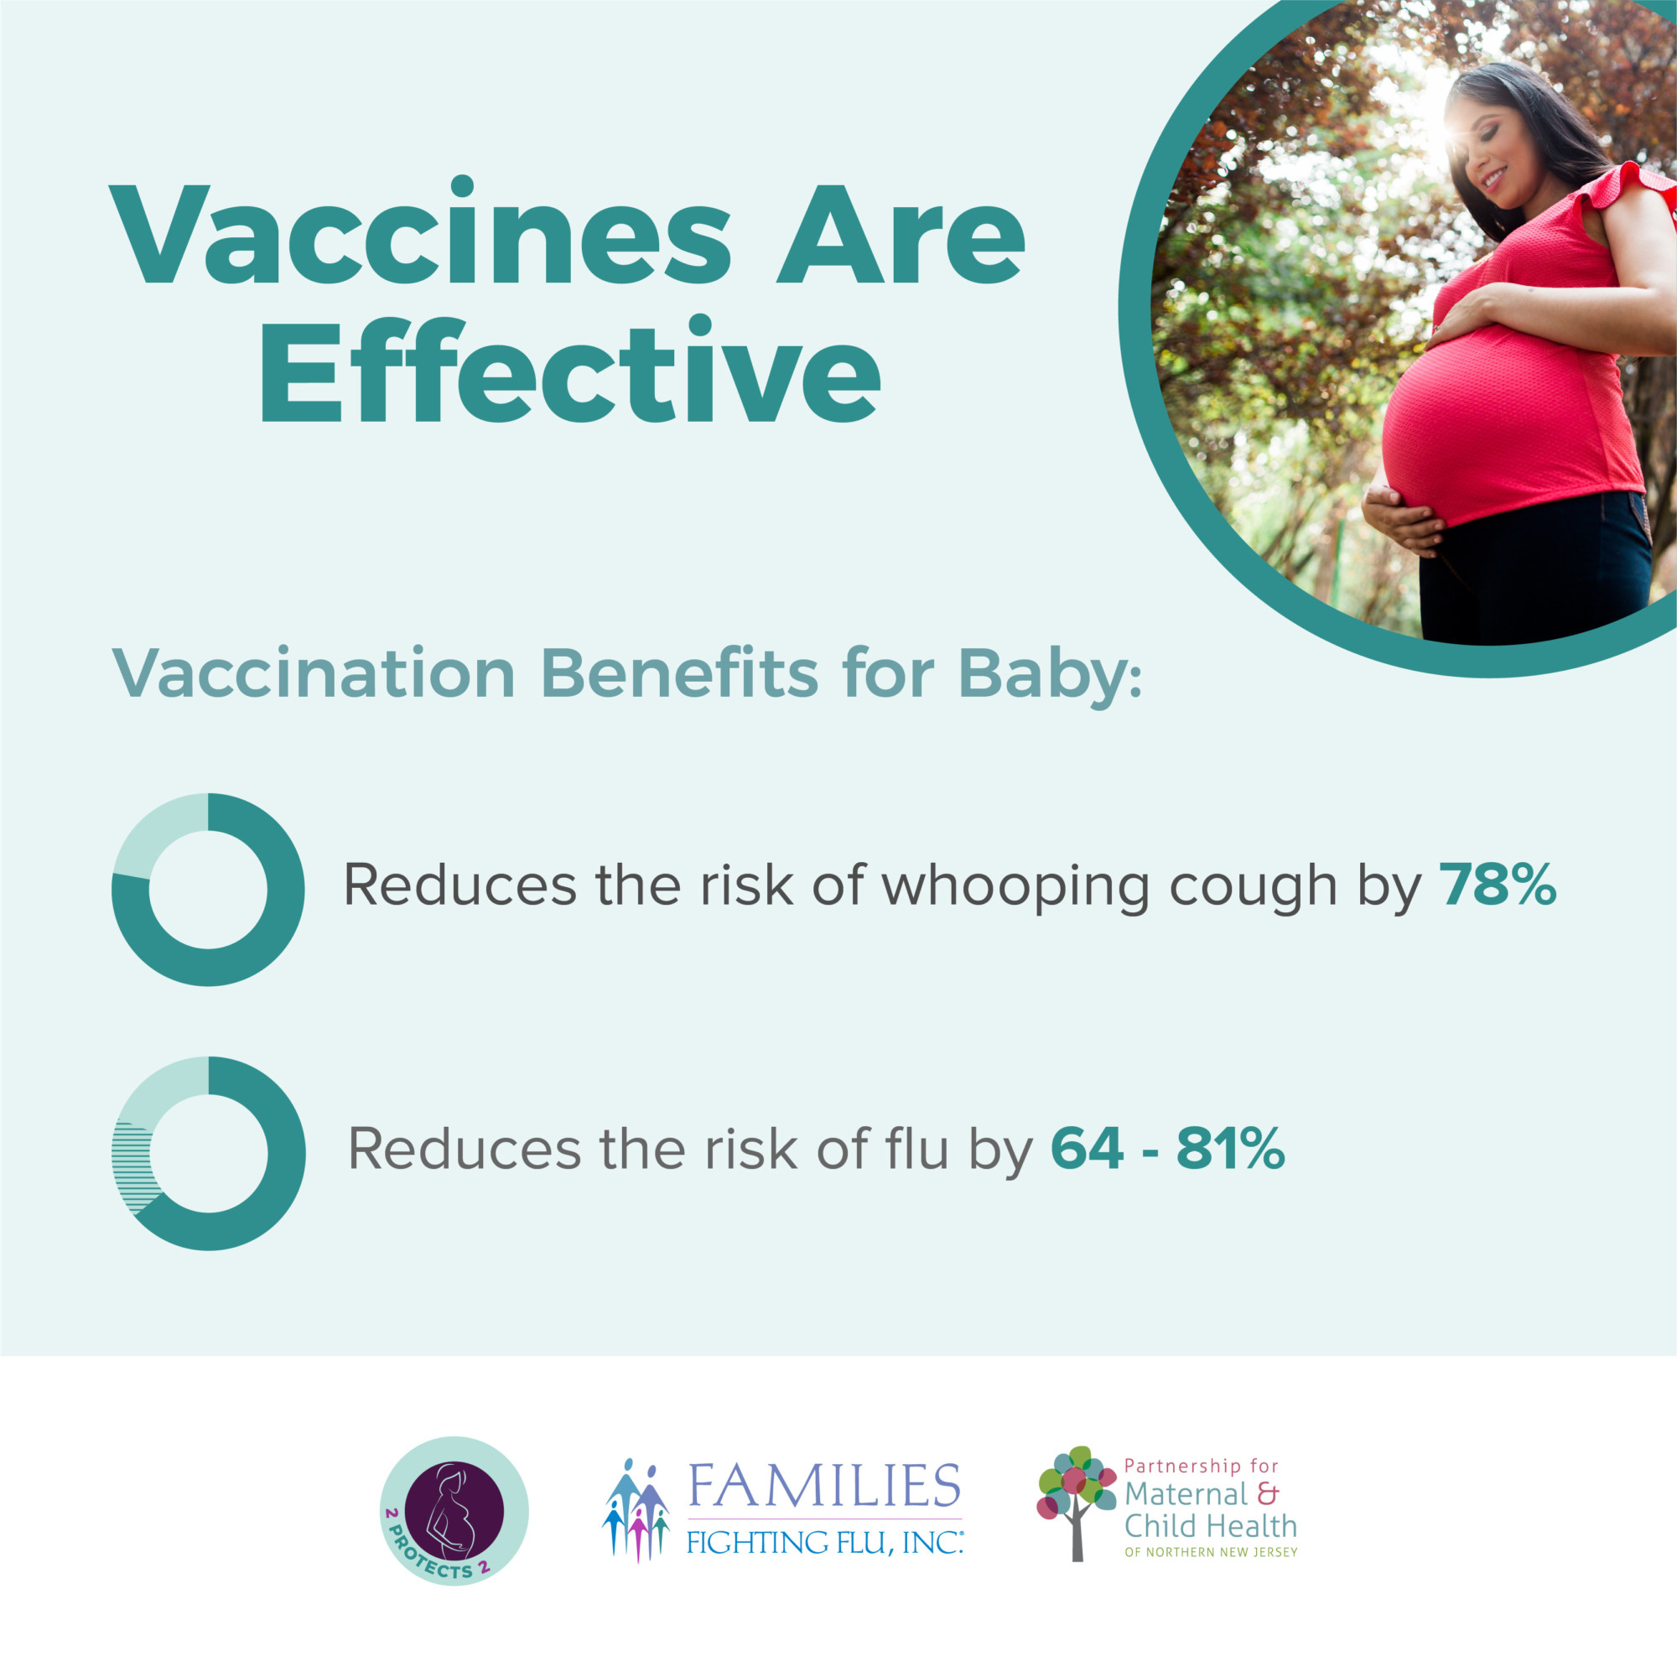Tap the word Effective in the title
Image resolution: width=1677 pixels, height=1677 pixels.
(570, 370)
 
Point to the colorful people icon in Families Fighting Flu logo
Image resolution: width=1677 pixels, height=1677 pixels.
(636, 1509)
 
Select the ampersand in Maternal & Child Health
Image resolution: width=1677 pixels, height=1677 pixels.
(1268, 1495)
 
